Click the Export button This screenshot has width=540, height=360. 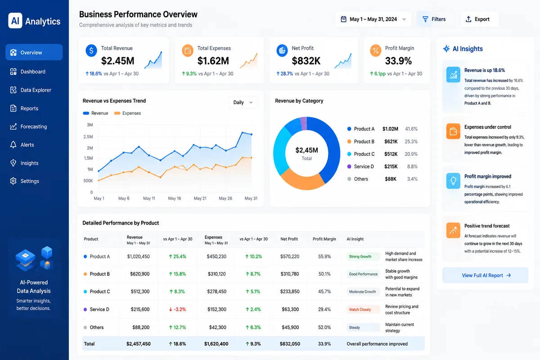[479, 19]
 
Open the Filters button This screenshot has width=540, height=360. [436, 19]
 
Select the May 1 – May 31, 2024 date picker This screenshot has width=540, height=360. [373, 19]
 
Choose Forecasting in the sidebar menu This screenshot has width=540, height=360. [33, 126]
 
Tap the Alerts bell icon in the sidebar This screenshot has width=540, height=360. [13, 145]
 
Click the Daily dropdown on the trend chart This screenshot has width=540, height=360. [243, 103]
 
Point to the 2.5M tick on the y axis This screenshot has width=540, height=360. [88, 137]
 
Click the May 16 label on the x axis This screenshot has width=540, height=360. [174, 198]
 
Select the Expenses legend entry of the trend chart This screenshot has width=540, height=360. [127, 113]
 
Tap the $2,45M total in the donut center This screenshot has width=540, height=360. [306, 150]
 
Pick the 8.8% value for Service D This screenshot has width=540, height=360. [412, 166]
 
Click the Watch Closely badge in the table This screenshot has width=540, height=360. [360, 309]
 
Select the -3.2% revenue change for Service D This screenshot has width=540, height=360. [177, 309]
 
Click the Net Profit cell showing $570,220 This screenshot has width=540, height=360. [289, 256]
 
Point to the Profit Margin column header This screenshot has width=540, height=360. [324, 239]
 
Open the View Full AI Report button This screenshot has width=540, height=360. [485, 275]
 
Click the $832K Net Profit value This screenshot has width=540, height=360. [306, 61]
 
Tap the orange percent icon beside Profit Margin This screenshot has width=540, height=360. [376, 51]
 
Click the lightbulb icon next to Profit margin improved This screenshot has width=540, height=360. [453, 181]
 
